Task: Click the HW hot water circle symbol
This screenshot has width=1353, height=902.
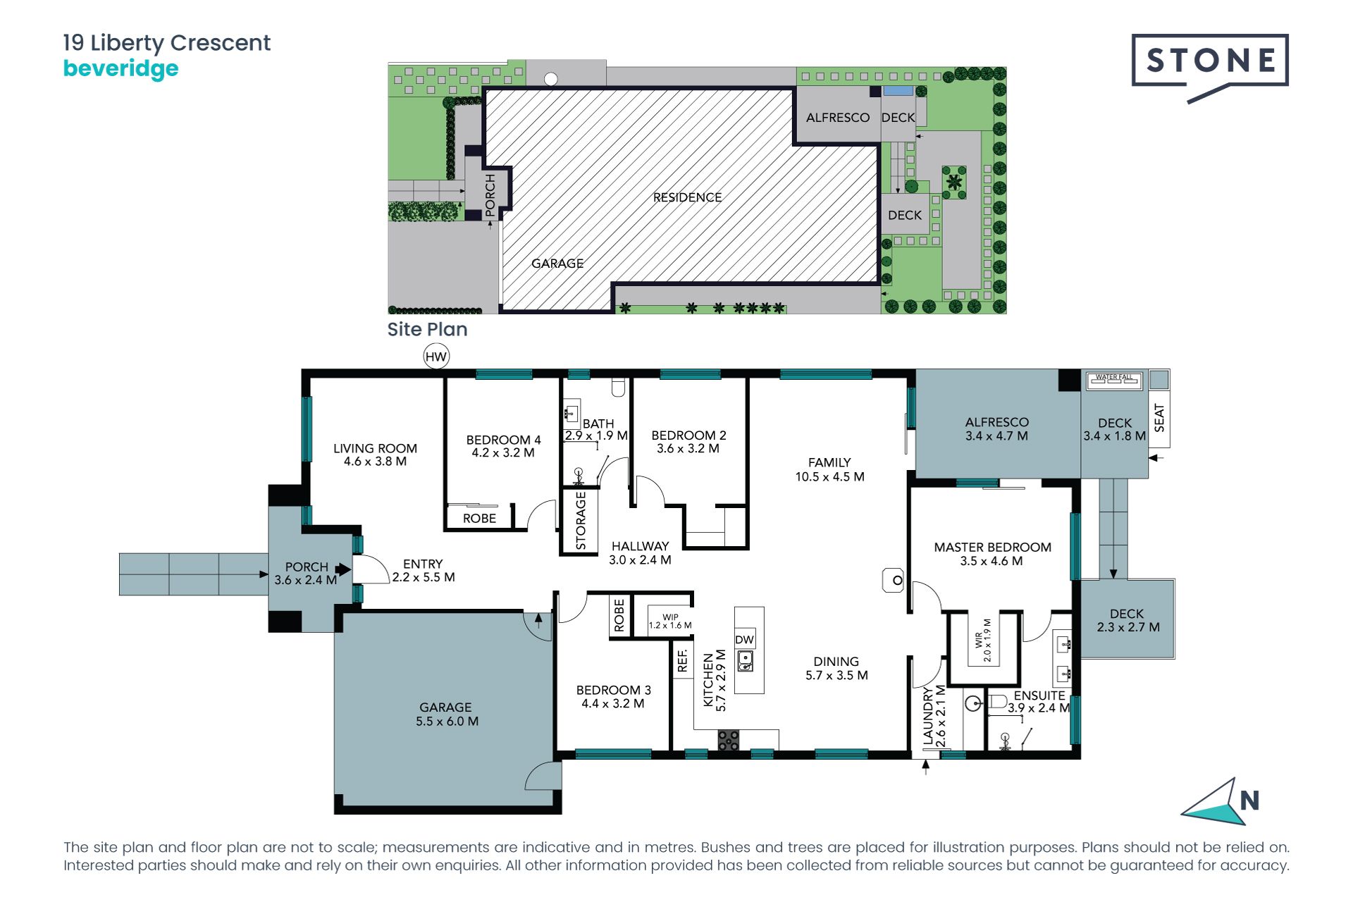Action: coord(436,357)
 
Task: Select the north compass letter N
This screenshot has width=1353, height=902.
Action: coord(1249,801)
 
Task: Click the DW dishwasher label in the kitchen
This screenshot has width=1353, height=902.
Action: coord(744,640)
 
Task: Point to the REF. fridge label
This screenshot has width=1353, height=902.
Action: coord(682,660)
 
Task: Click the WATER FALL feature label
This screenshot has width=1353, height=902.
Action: coord(1114,377)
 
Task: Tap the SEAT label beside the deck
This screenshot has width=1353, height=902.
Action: coord(1159,418)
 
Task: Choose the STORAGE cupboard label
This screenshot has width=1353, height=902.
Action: coord(581,520)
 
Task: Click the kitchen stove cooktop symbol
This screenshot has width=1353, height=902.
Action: coord(729,740)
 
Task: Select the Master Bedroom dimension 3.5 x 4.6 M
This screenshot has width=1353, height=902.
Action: coord(991,561)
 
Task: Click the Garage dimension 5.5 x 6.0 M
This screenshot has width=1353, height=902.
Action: coord(447,721)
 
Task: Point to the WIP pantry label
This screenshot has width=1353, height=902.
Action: coord(670,617)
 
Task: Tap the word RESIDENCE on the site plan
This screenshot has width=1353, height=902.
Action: coord(687,197)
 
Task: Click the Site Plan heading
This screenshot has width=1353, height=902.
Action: coord(427,329)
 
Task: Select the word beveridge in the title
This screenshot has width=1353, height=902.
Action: coord(121,69)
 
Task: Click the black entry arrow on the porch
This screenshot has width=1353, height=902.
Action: coord(343,569)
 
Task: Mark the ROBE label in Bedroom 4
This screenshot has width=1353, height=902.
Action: coord(479,518)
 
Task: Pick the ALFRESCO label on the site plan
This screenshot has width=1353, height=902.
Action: coord(838,118)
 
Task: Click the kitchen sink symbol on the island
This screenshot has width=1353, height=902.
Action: coord(745,661)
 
